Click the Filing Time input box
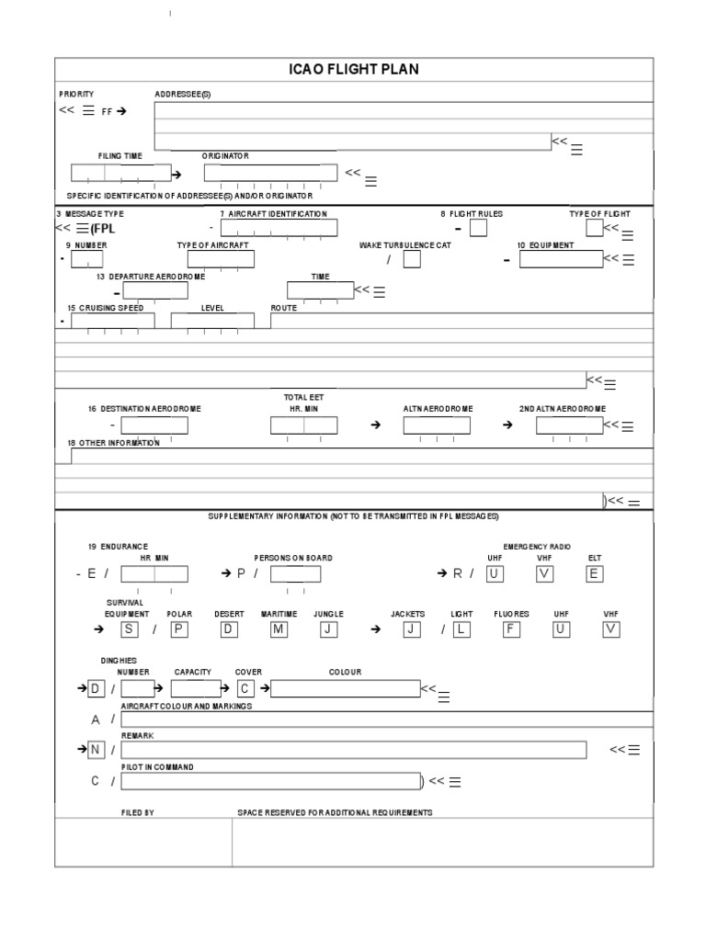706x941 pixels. (x=121, y=173)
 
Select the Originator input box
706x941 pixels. (x=270, y=173)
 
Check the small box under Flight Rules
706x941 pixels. (x=478, y=229)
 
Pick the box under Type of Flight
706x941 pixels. (x=595, y=228)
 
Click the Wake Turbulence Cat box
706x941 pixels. (x=413, y=260)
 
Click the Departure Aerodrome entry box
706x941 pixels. (x=155, y=291)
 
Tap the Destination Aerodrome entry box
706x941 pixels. (x=154, y=425)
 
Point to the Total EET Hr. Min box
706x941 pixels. (x=303, y=425)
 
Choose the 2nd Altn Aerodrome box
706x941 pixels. (x=569, y=425)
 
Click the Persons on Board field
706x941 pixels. (x=296, y=574)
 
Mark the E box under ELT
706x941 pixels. (x=595, y=574)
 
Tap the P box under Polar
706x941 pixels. (x=179, y=629)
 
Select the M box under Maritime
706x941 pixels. (x=279, y=629)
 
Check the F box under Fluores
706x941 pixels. (x=512, y=629)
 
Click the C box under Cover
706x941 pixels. (x=245, y=688)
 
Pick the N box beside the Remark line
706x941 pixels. (x=95, y=750)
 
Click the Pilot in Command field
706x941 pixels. (x=270, y=782)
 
